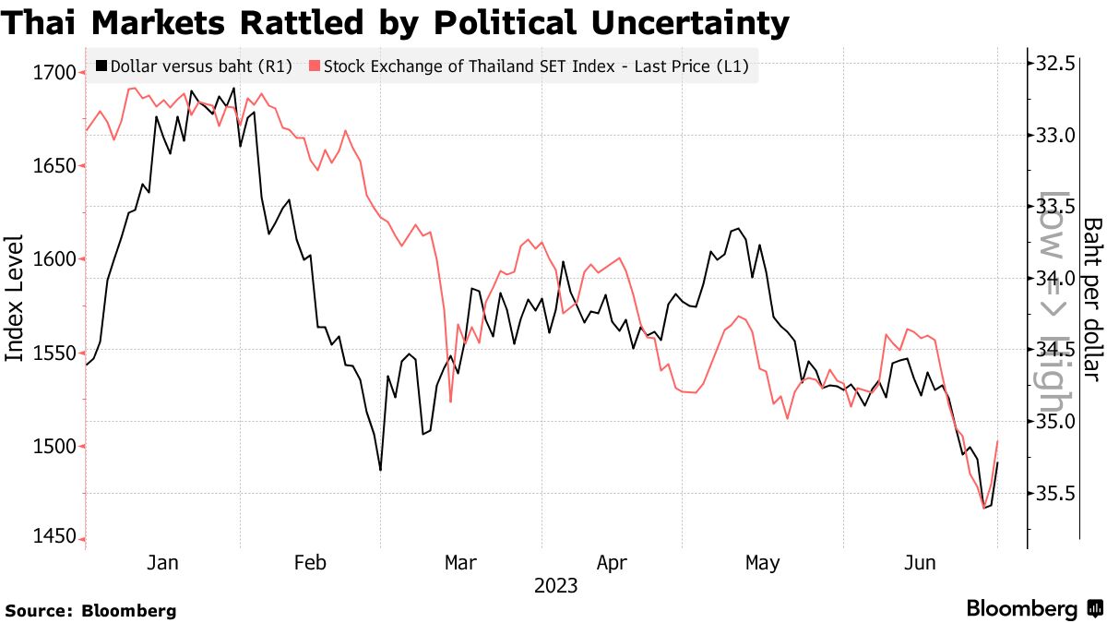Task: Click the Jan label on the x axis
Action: coord(163,562)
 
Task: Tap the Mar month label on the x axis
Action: coord(460,562)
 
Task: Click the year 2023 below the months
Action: coord(555,585)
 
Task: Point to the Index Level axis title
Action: coord(16,297)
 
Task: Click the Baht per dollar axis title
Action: coord(1092,298)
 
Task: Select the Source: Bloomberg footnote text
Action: coord(90,610)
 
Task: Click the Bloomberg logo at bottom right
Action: coord(1033,608)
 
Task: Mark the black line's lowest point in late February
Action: coord(380,471)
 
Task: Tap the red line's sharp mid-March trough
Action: coord(450,401)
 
